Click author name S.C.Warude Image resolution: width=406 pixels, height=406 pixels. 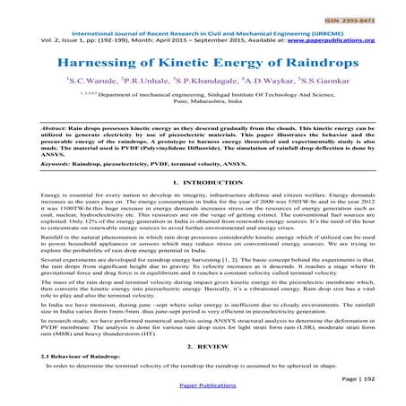96,82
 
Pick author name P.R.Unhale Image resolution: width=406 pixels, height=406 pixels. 148,82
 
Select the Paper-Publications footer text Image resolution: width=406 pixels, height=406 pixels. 203,395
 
